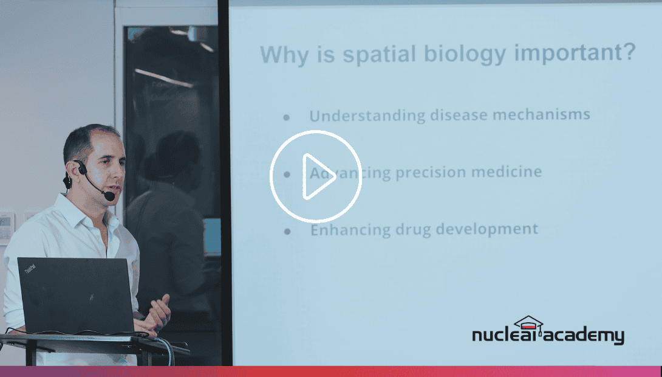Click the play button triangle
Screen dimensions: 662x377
(318, 176)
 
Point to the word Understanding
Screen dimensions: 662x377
(367, 116)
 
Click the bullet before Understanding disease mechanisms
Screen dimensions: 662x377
(287, 117)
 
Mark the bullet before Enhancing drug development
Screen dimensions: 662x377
(287, 231)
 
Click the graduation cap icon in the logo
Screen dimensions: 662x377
(528, 323)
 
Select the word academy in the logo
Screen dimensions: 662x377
(584, 336)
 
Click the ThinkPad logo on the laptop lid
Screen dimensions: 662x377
(30, 269)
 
